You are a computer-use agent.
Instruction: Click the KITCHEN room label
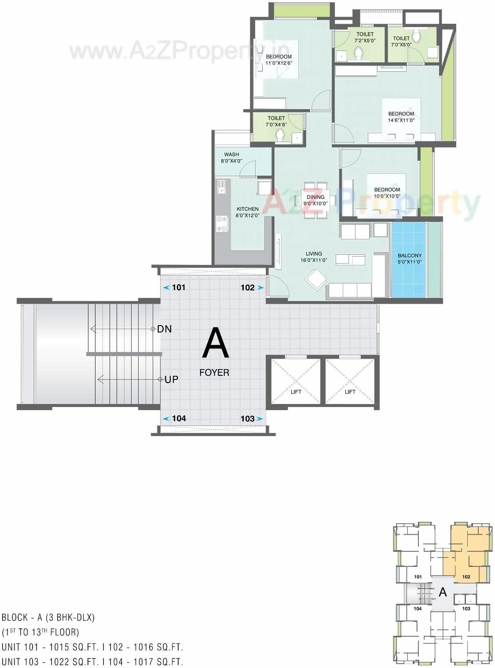tap(248, 209)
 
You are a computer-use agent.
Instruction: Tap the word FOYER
tap(214, 373)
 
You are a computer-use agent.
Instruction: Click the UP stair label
tap(171, 379)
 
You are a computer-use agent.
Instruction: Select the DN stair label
tap(165, 329)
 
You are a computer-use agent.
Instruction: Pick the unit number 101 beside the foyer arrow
tap(179, 287)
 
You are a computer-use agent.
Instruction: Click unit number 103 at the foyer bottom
tap(248, 418)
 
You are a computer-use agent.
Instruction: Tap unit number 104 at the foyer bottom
tap(179, 418)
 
